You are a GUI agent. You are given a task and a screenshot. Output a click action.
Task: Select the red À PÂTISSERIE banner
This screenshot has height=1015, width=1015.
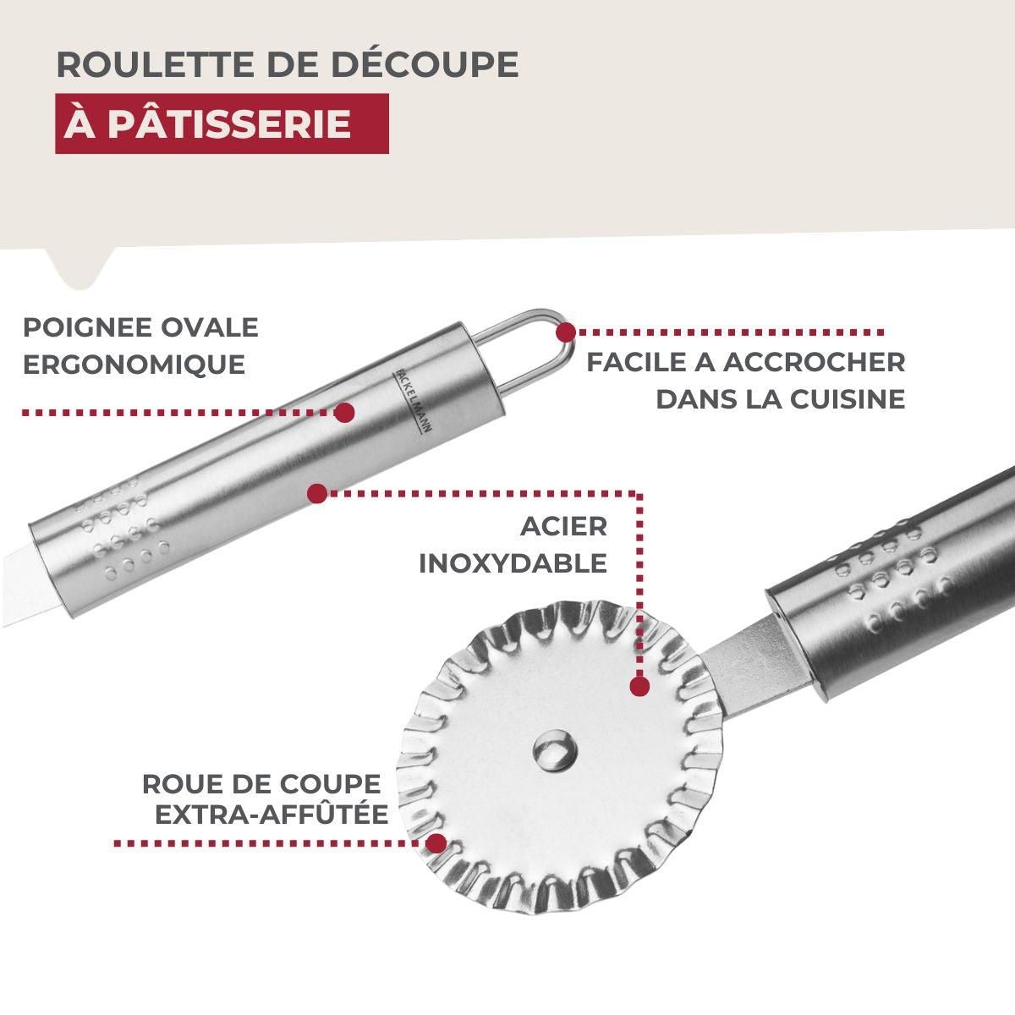click(x=222, y=123)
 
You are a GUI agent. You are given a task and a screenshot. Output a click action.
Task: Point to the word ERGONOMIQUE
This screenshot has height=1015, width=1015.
click(x=134, y=365)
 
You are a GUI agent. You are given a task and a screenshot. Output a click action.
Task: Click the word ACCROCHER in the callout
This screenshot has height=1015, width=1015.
click(x=815, y=362)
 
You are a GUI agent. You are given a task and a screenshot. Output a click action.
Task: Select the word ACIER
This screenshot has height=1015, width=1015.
click(x=563, y=526)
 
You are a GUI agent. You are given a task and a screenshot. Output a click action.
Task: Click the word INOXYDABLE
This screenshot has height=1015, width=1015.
click(x=513, y=563)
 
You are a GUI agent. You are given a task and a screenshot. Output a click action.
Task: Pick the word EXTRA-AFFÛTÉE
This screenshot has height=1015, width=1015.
click(x=271, y=815)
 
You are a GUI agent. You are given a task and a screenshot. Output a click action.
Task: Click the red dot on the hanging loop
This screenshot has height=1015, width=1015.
click(x=565, y=332)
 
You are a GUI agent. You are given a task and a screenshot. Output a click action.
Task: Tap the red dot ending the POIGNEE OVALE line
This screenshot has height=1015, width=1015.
click(x=344, y=413)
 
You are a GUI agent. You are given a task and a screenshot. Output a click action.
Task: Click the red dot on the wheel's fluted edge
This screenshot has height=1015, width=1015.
click(x=436, y=842)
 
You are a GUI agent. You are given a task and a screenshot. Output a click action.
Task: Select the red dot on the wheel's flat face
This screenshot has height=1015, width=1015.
click(x=639, y=685)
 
